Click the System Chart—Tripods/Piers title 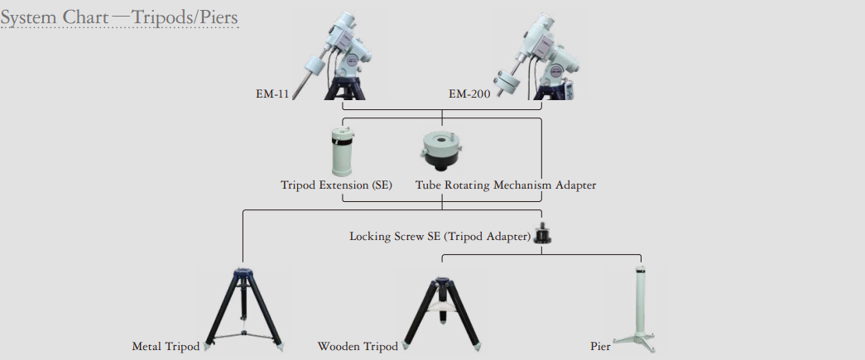pos(119,17)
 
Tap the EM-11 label pos(272,94)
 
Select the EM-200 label pos(469,94)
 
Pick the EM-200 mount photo pos(538,55)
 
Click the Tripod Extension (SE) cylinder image pos(344,151)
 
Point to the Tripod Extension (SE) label pos(337,185)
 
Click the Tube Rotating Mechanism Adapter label pos(506,185)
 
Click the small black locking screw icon pos(543,233)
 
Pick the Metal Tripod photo pos(244,310)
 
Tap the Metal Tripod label pos(166,347)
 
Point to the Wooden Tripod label pos(358,347)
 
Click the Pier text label pos(600,347)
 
